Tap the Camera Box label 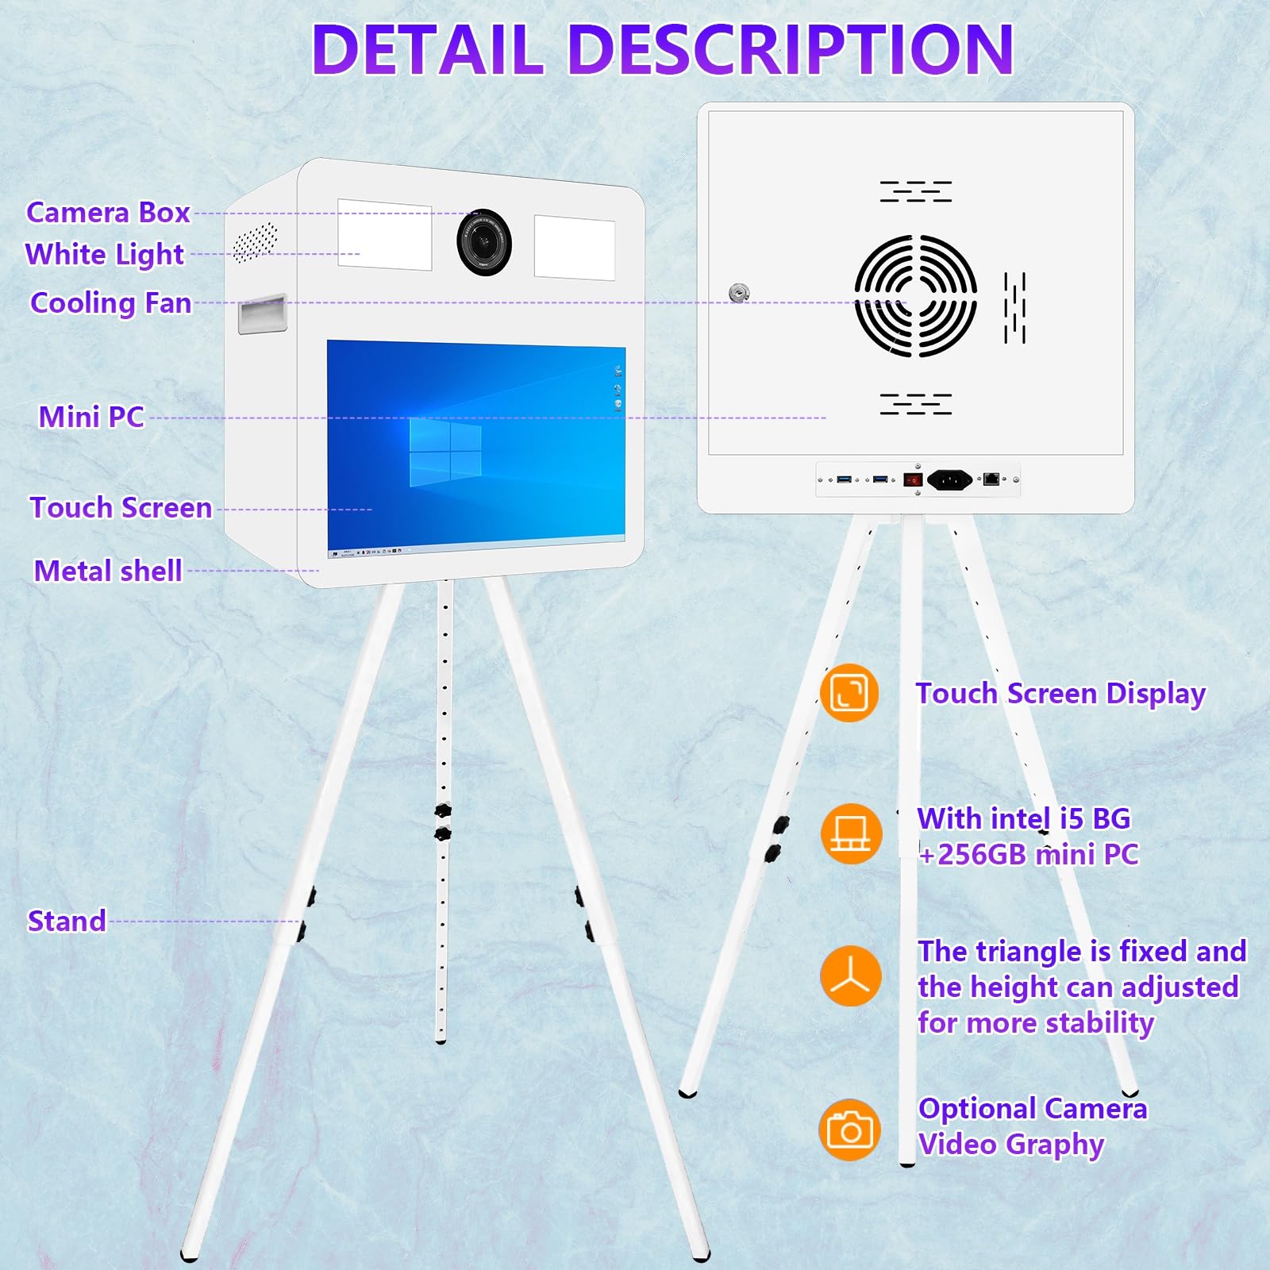(x=108, y=213)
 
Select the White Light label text (x=104, y=255)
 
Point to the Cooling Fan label (x=110, y=303)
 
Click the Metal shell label (x=108, y=571)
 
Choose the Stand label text (x=67, y=921)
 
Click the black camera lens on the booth (x=483, y=242)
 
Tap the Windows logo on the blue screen (x=445, y=452)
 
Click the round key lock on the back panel (x=739, y=293)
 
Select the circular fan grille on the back (x=915, y=295)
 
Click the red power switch (x=913, y=479)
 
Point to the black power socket (x=949, y=479)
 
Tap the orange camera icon (x=849, y=1130)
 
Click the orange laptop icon (x=850, y=834)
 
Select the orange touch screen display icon (x=849, y=693)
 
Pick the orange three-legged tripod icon (x=850, y=976)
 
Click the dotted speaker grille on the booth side (x=255, y=242)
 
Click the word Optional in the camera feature (x=977, y=1108)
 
